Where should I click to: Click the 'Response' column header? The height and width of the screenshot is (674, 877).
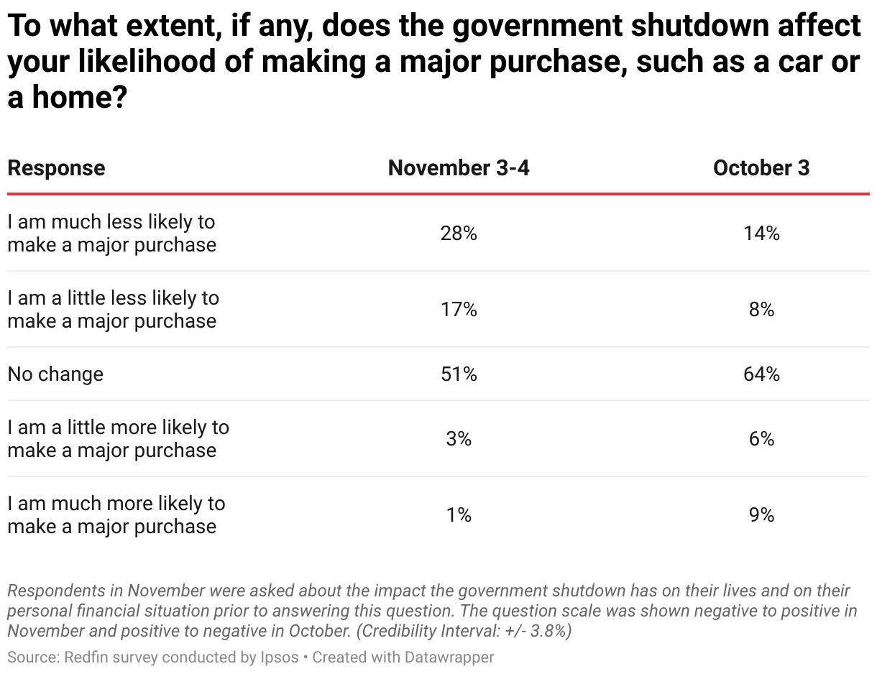[x=56, y=168]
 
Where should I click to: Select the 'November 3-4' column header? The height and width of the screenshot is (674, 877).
[x=459, y=168]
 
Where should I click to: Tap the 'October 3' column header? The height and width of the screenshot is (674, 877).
[x=761, y=168]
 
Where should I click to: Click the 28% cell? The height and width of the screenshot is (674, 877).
[x=459, y=234]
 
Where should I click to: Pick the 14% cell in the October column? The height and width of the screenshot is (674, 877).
[x=761, y=234]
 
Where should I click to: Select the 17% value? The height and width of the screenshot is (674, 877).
[x=459, y=310]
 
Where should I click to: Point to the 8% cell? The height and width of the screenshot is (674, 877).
[x=761, y=310]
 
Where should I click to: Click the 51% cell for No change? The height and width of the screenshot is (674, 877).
[x=459, y=374]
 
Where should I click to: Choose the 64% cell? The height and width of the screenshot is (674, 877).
[x=761, y=374]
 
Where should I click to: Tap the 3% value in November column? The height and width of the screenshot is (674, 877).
[x=459, y=439]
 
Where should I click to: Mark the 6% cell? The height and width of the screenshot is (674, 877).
[x=761, y=439]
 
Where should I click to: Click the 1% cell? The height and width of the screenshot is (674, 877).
[x=459, y=515]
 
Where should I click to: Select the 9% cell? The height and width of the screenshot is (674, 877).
[x=761, y=515]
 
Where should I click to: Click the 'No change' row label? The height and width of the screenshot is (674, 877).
[x=55, y=374]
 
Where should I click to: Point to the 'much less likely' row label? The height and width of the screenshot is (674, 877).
[x=111, y=234]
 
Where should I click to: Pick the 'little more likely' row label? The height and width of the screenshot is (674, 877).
[x=118, y=439]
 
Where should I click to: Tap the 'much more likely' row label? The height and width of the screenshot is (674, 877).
[x=116, y=515]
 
